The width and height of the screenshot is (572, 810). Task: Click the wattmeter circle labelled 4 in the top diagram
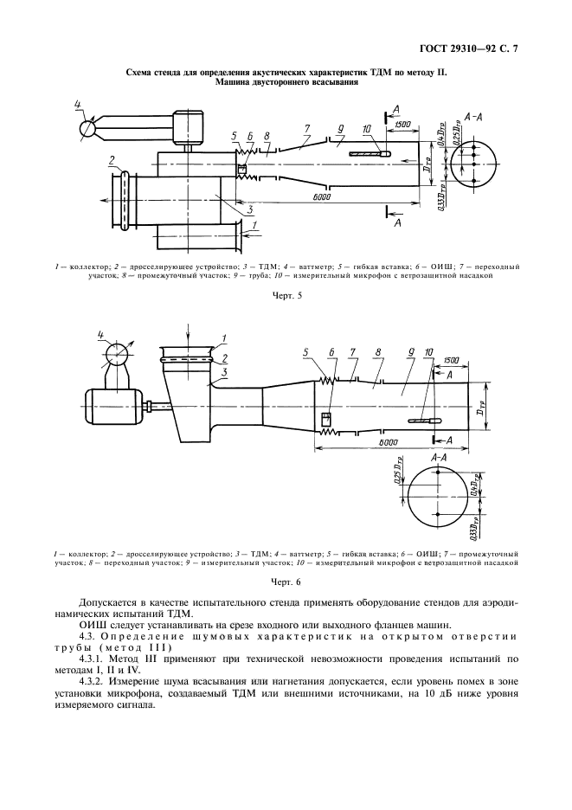coord(87,129)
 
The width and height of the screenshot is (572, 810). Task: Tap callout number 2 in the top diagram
coord(112,159)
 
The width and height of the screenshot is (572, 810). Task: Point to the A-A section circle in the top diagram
coord(473,158)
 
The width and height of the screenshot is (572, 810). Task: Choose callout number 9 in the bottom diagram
coord(407,353)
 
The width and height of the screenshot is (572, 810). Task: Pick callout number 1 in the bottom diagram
coord(223,337)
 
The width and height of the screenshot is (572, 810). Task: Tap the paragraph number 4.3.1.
coord(93,659)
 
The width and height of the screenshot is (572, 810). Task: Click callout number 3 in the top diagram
coord(248,209)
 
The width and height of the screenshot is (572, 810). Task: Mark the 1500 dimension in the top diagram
coord(402,125)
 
